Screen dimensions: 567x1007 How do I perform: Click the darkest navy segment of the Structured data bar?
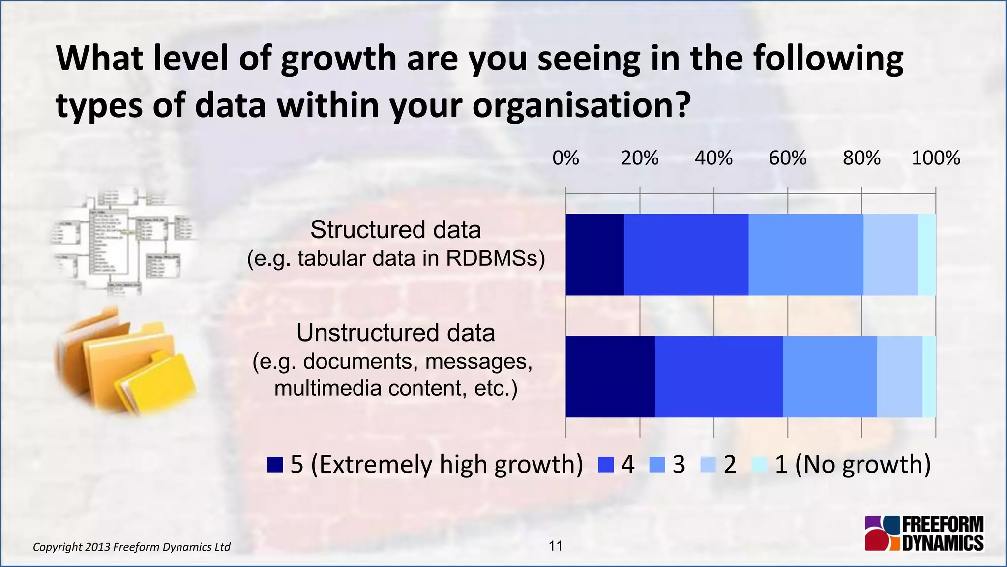coord(594,254)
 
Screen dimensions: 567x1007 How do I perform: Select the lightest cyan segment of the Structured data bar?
coord(926,254)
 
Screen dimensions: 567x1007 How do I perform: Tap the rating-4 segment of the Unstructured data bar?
coord(718,377)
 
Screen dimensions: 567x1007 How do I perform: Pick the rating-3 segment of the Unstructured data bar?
coord(829,377)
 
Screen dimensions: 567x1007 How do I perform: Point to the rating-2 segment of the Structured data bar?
coord(890,254)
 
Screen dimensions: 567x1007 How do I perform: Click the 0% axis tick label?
coord(565,158)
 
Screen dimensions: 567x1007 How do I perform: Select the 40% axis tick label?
coord(713,158)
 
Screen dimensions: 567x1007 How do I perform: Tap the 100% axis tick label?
coord(935,158)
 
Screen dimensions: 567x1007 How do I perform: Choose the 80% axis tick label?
coord(861,158)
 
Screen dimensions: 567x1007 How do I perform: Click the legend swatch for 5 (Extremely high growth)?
coord(275,465)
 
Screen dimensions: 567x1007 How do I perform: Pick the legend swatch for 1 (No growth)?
coord(760,465)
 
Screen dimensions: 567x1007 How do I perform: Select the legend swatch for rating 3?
coord(657,465)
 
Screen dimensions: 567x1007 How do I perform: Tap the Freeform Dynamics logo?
coord(924,534)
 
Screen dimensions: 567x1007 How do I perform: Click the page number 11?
coord(556,546)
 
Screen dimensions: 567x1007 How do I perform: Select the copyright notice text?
coord(131,547)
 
